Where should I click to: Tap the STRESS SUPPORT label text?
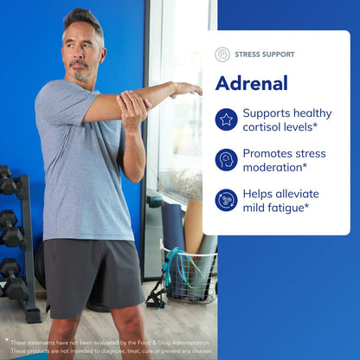(264, 55)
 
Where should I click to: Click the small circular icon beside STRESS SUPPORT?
(222, 55)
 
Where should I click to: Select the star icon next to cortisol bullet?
(226, 119)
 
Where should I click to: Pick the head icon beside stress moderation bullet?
(226, 159)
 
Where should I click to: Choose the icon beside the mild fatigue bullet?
(226, 200)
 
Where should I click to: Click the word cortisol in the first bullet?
(265, 127)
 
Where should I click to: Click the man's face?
(80, 57)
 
